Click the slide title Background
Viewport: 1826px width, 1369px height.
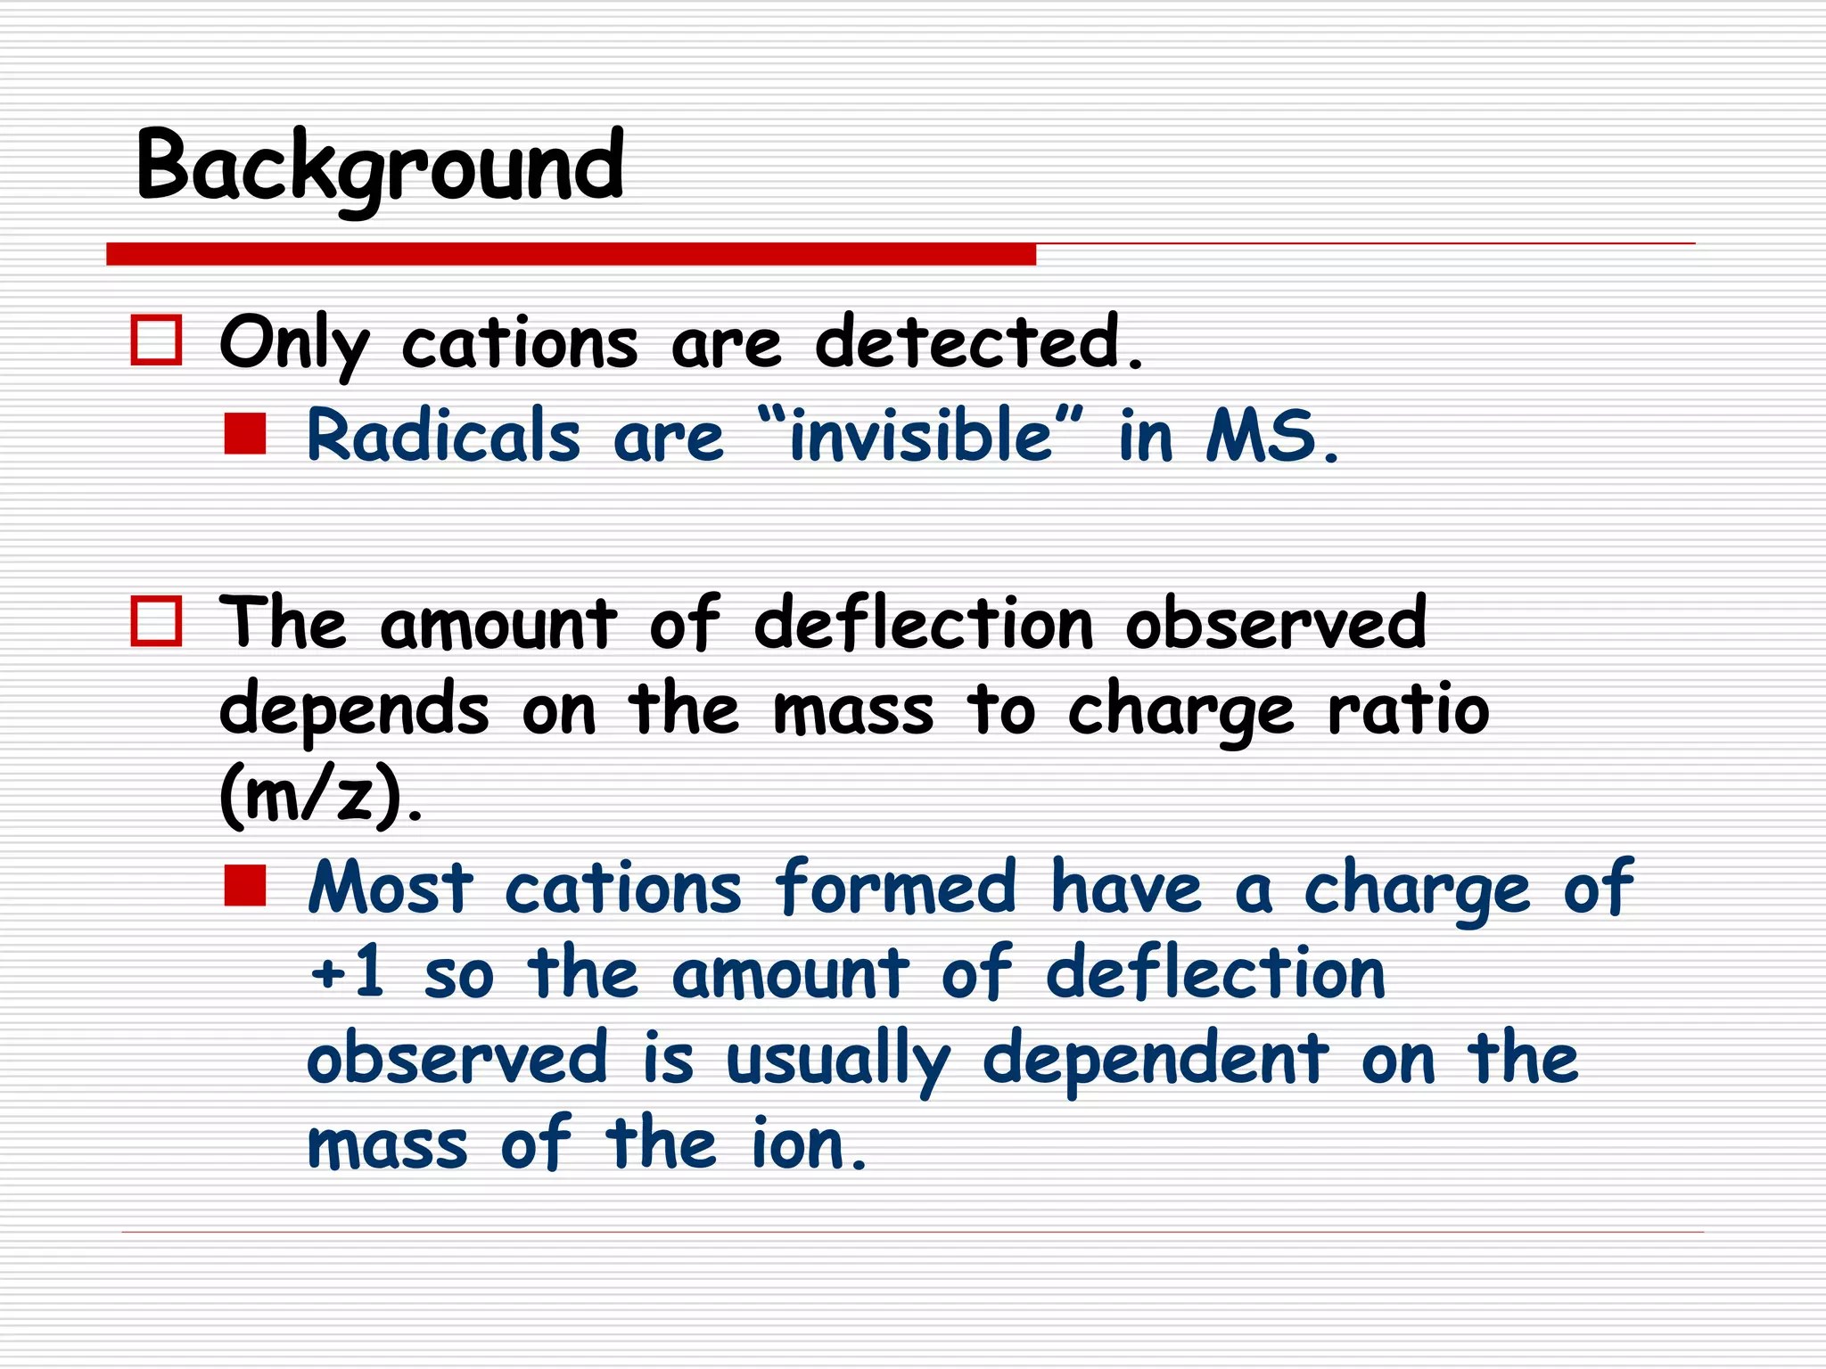[x=379, y=168]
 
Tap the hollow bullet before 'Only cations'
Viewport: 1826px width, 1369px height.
[x=156, y=340]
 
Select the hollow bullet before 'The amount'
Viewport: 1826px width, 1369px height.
[x=156, y=620]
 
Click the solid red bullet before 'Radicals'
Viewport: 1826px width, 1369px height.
[x=245, y=434]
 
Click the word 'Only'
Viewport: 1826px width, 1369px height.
[x=294, y=343]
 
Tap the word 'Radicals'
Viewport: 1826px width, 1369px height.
[x=443, y=435]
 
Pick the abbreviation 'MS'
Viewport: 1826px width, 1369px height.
[x=1261, y=435]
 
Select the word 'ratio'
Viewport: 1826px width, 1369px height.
[x=1408, y=709]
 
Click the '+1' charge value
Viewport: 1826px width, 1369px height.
[x=348, y=972]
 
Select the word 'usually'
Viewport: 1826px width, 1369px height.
[x=838, y=1060]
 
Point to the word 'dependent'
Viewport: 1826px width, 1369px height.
[x=1156, y=1060]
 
